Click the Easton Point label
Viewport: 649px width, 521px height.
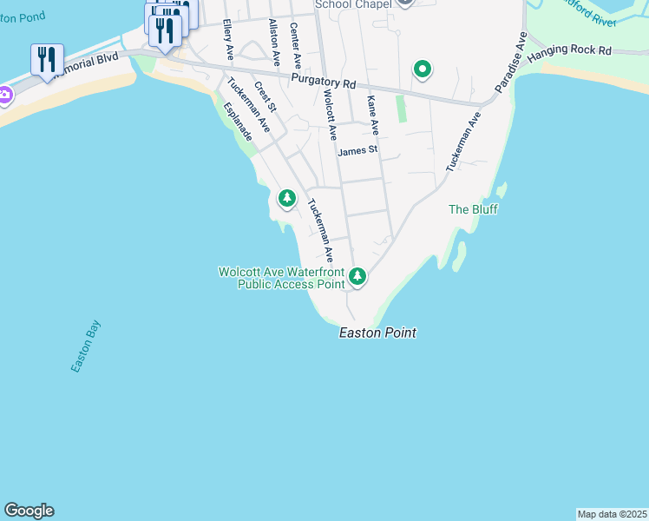coord(377,333)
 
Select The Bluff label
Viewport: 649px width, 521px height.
coord(473,209)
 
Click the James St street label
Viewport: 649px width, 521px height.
coord(357,150)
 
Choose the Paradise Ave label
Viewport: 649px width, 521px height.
coord(511,63)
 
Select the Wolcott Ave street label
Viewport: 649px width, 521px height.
coord(330,114)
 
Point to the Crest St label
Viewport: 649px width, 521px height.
coord(265,98)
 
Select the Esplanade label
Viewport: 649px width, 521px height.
coord(238,122)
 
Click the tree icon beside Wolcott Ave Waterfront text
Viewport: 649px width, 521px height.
coord(357,278)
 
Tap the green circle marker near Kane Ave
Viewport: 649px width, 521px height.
coord(423,69)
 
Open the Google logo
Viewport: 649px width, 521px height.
coord(29,511)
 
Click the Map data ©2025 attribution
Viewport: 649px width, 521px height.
coord(612,514)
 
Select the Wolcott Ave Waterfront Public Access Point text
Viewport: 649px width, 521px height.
coord(282,278)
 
